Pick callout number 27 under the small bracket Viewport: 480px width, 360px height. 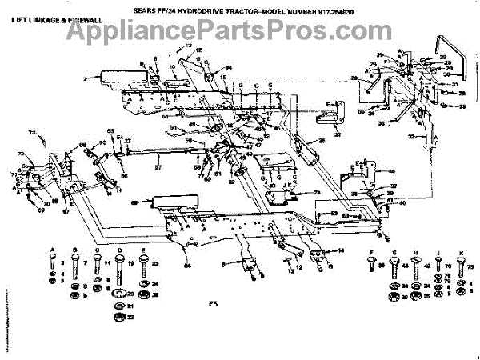tap(338, 134)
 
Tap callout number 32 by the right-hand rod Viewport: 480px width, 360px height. tap(410, 137)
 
